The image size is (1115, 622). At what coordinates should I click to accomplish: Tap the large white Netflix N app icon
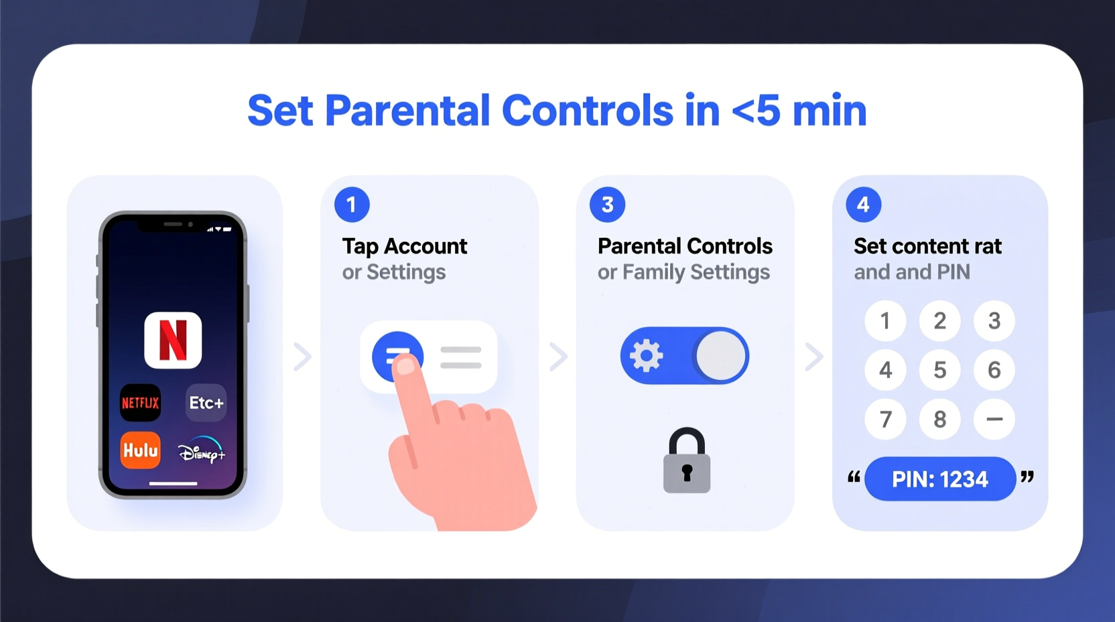click(x=173, y=340)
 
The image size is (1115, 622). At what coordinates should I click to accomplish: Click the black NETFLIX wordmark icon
click(x=140, y=403)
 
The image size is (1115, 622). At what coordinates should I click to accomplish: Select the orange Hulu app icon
click(x=140, y=450)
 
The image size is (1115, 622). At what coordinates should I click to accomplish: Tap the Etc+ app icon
click(x=206, y=403)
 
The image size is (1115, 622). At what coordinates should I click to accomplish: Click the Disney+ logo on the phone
click(x=202, y=451)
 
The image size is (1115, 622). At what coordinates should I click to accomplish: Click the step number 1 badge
click(x=352, y=204)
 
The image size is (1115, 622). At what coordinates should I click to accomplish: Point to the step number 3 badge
click(x=607, y=204)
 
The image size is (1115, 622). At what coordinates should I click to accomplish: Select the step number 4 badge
click(x=863, y=204)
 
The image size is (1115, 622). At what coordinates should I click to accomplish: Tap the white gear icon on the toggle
click(x=647, y=355)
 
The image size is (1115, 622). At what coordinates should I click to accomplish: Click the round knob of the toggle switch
click(x=721, y=355)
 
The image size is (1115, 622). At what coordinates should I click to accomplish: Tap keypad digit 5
click(x=940, y=370)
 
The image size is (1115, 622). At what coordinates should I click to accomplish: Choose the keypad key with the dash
click(x=994, y=420)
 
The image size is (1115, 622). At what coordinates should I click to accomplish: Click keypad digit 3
click(x=994, y=321)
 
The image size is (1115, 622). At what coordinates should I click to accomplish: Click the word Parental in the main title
click(x=407, y=111)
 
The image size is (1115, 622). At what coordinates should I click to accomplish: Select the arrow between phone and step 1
click(x=303, y=357)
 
